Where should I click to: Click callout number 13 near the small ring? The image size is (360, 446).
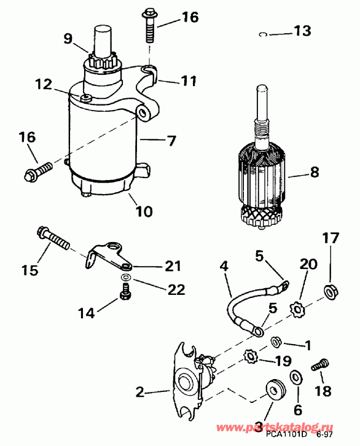tap(302, 31)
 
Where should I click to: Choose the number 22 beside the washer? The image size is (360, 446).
tap(176, 290)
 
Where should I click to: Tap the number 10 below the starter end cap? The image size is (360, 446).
tap(143, 212)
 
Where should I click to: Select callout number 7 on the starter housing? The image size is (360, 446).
tap(168, 141)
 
